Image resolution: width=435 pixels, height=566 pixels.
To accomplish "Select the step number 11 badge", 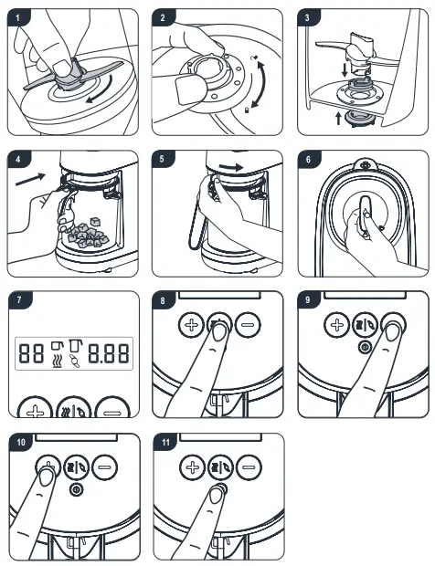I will tap(165, 442).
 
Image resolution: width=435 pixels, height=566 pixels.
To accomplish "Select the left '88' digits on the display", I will tap(32, 351).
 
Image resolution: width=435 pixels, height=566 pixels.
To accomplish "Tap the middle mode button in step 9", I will tap(366, 325).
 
